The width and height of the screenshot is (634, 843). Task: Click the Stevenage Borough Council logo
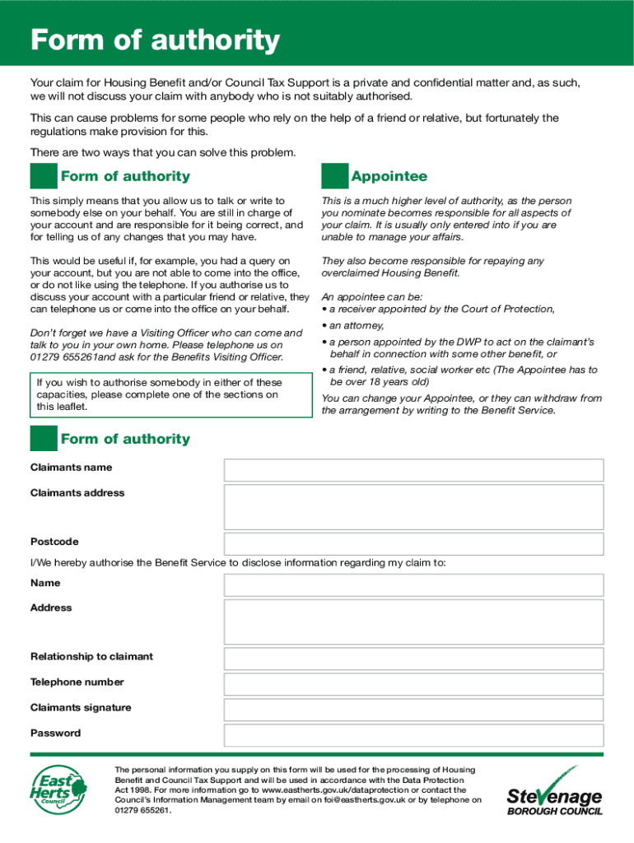(554, 791)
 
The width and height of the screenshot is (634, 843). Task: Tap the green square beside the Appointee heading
(334, 176)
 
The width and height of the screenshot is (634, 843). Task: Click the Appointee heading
(389, 176)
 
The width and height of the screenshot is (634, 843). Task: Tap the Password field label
(55, 733)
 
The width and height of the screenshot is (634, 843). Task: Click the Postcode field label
(54, 542)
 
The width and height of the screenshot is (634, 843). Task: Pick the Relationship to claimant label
(91, 657)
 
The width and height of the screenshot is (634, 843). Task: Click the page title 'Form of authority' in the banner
(155, 40)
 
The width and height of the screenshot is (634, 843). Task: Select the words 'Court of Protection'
(506, 309)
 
